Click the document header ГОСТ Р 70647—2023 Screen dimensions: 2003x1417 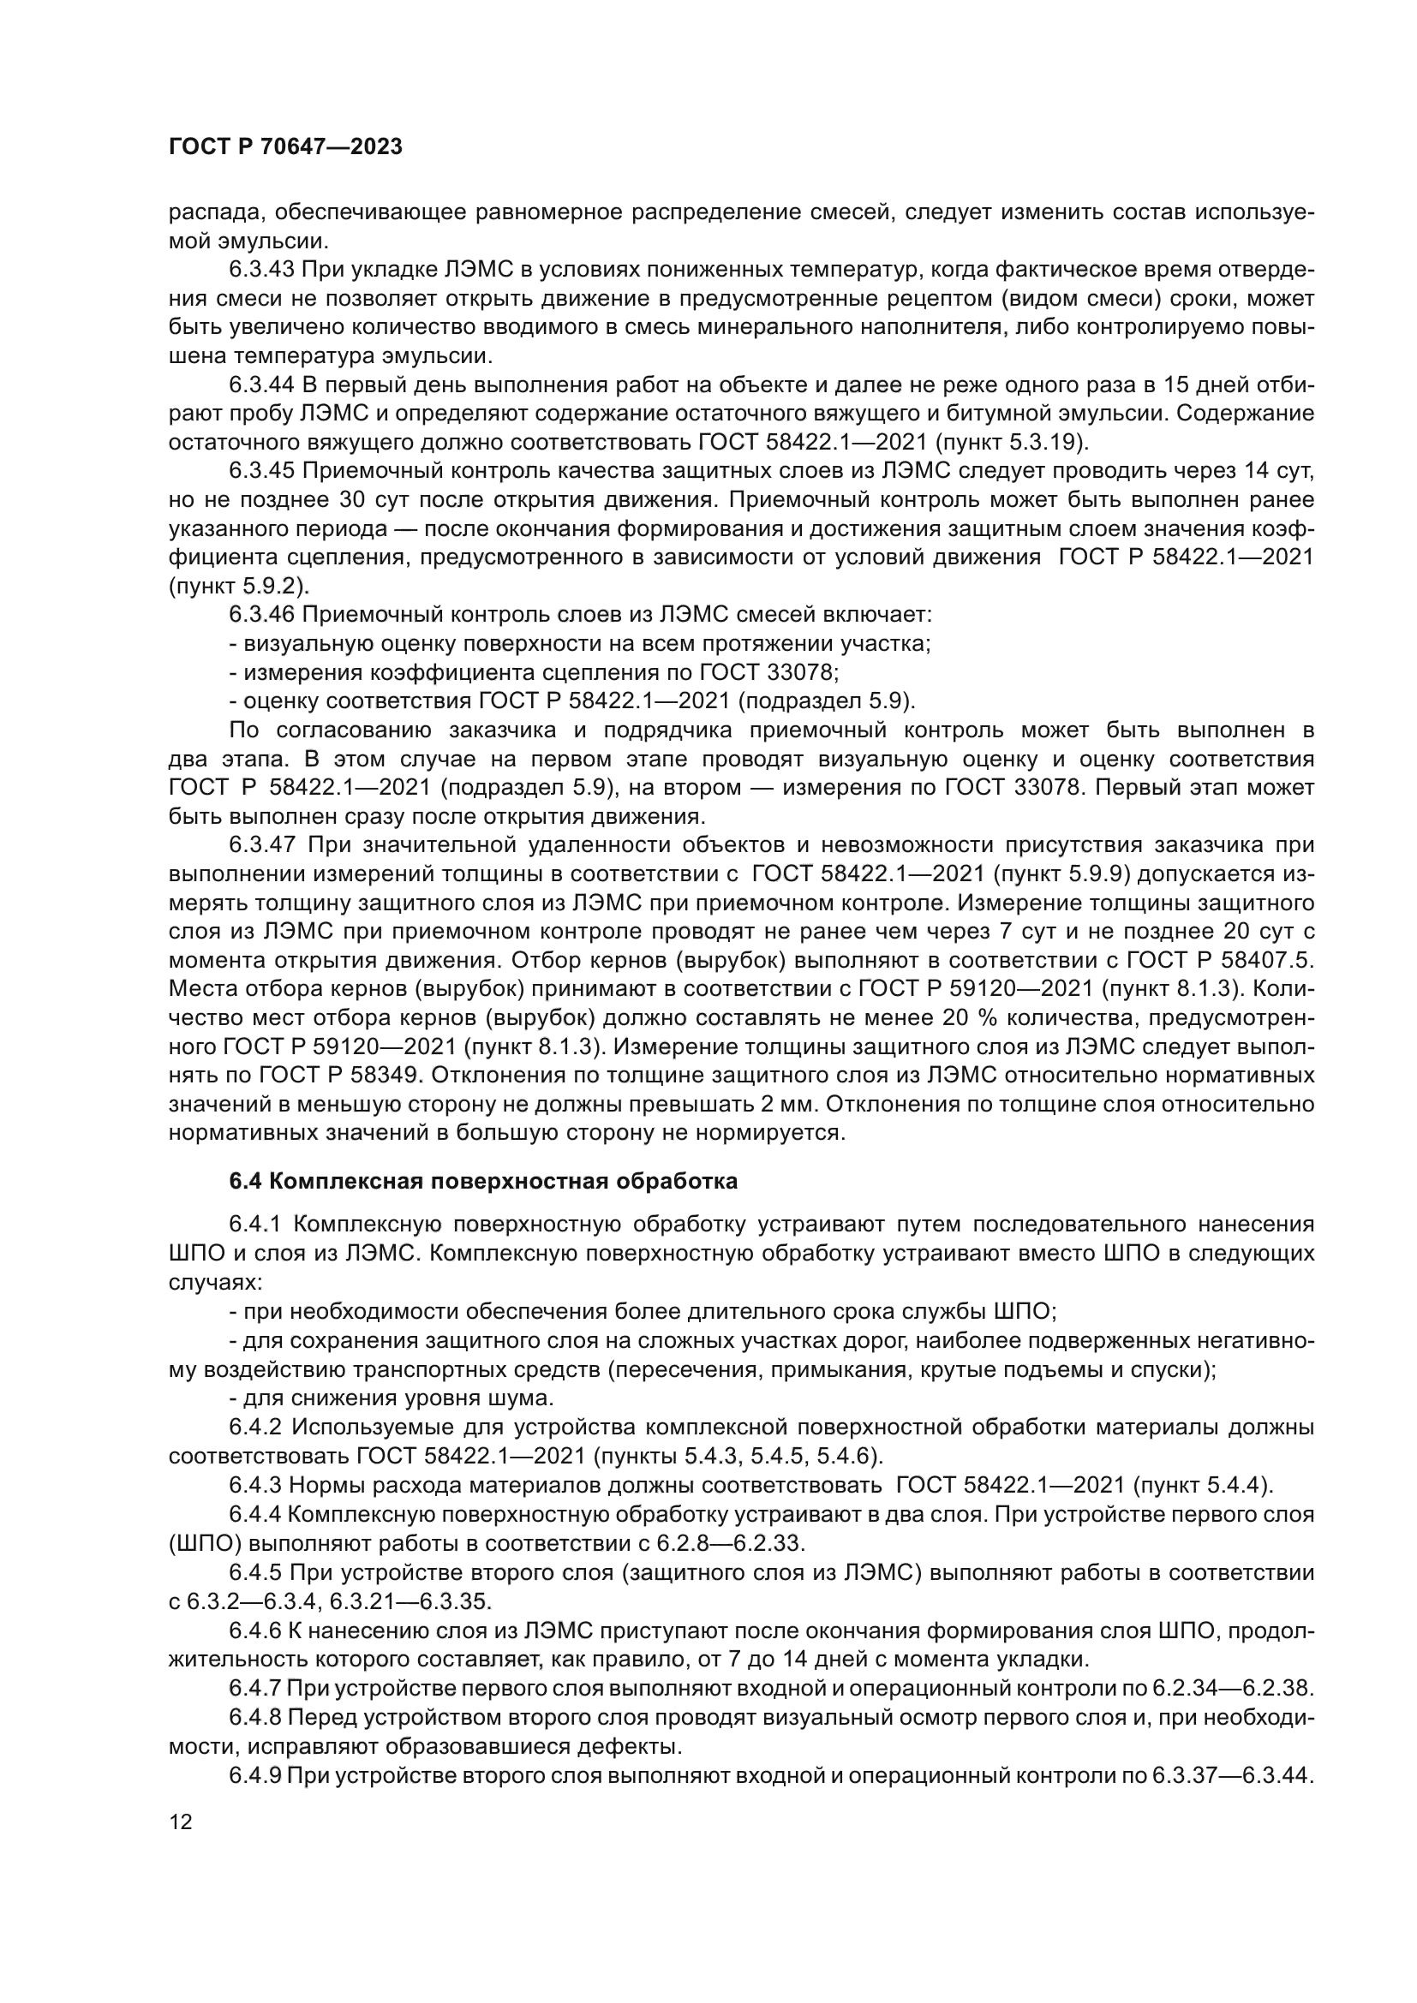(x=284, y=146)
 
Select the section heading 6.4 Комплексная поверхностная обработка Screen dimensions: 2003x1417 (x=483, y=1182)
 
